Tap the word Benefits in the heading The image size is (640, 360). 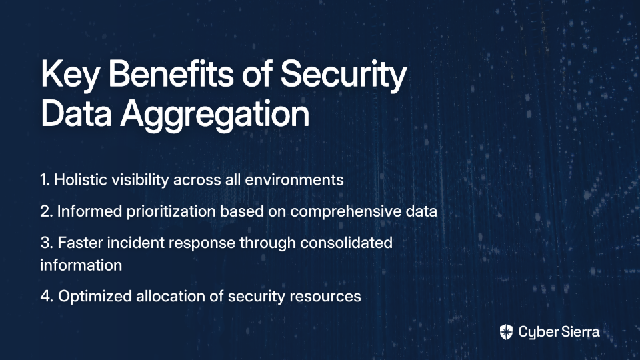click(x=171, y=73)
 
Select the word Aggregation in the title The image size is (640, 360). click(x=215, y=115)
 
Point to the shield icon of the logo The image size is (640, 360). click(x=506, y=332)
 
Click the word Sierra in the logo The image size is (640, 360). click(x=579, y=331)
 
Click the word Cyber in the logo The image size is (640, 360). click(x=537, y=332)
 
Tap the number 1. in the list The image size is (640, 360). click(x=45, y=179)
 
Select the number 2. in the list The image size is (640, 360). click(x=47, y=211)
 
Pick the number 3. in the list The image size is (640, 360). click(x=47, y=243)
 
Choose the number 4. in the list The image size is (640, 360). click(x=47, y=296)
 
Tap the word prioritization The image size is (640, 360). click(x=171, y=212)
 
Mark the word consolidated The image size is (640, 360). click(x=346, y=243)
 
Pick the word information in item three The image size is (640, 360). click(x=81, y=265)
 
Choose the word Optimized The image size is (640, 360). click(x=95, y=297)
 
